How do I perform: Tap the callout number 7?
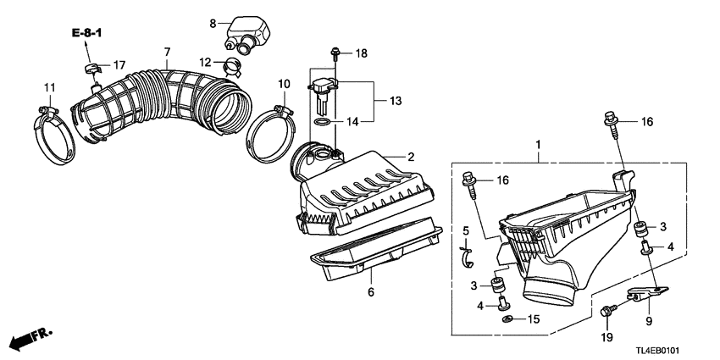(167, 53)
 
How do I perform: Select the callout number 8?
(213, 23)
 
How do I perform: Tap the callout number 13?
(394, 101)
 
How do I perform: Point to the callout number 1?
(535, 146)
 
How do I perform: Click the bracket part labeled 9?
(645, 295)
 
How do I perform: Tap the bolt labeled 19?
(607, 313)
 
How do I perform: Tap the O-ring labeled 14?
(323, 123)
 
